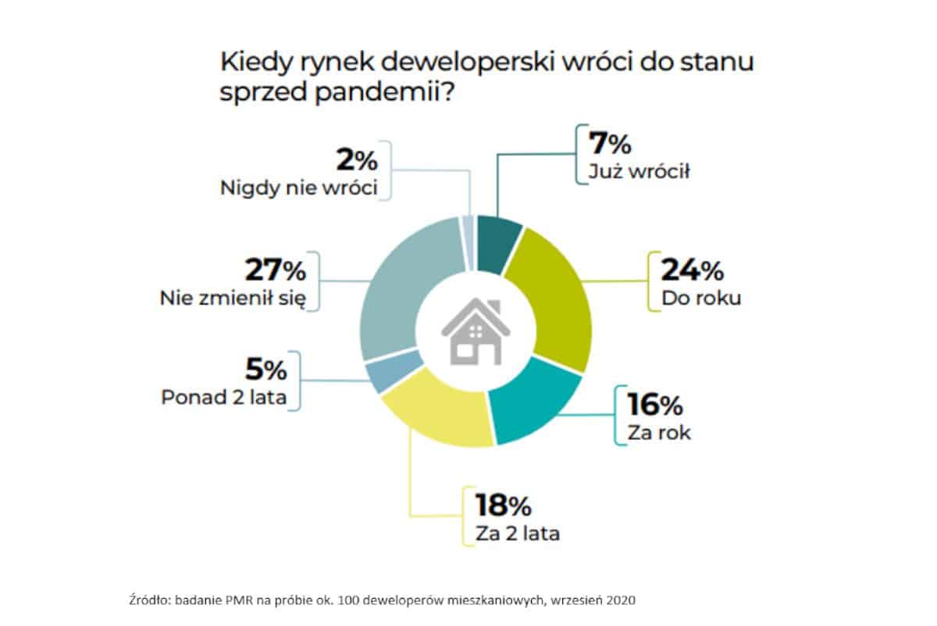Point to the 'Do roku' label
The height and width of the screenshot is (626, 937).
coord(700,299)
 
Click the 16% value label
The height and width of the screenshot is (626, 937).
coord(654,404)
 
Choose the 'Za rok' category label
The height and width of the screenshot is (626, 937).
coord(659,432)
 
